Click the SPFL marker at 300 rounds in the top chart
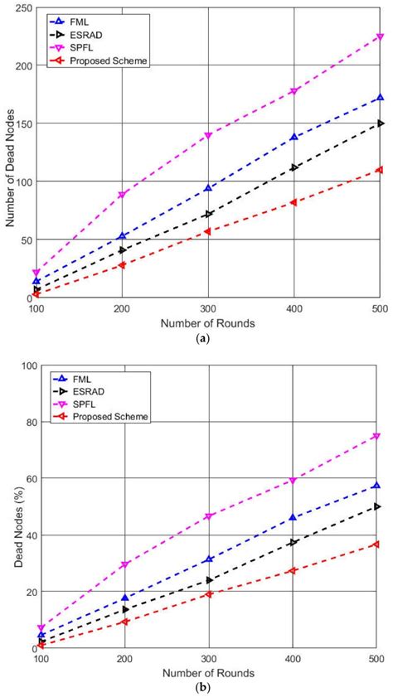[x=208, y=135]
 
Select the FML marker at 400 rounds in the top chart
[x=294, y=137]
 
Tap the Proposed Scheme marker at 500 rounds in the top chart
[x=380, y=169]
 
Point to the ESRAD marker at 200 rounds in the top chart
[x=123, y=249]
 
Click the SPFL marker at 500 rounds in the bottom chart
[x=376, y=436]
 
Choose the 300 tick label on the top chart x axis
[x=208, y=308]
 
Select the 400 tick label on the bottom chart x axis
[x=293, y=659]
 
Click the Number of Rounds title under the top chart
[x=208, y=322]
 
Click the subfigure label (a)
[x=208, y=338]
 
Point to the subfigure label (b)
[x=208, y=688]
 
